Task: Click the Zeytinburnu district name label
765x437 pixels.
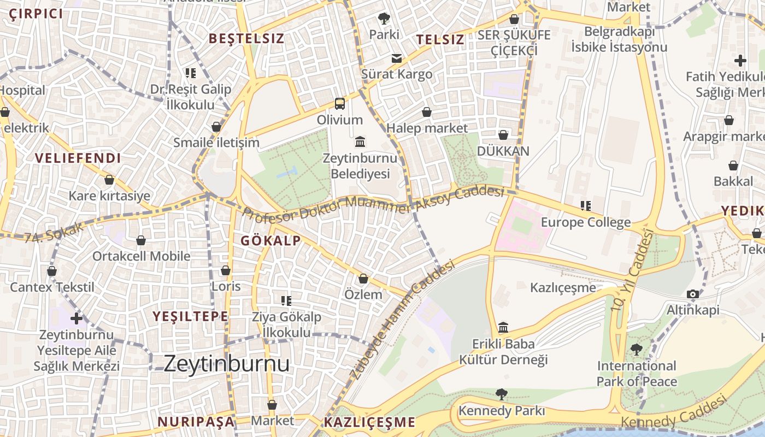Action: coord(226,364)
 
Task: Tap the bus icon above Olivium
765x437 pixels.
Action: coord(340,103)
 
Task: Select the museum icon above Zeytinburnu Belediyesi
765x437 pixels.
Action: coord(360,142)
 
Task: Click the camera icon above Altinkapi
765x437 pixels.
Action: coord(693,294)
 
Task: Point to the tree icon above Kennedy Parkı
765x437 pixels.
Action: coord(501,394)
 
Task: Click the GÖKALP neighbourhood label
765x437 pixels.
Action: coord(270,241)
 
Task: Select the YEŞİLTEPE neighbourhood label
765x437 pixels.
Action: coord(190,316)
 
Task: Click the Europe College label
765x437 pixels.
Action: coord(586,222)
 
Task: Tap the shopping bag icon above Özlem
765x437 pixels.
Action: coord(363,279)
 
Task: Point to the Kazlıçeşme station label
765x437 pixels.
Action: coord(563,287)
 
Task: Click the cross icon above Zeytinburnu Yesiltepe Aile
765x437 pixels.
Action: coord(76,318)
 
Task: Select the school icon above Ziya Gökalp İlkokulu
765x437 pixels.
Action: coord(286,300)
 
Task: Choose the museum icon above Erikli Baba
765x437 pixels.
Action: coord(503,328)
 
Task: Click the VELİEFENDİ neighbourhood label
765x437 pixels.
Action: coord(78,158)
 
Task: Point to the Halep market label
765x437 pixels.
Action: coord(427,128)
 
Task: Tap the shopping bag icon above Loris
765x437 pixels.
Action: coord(226,270)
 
